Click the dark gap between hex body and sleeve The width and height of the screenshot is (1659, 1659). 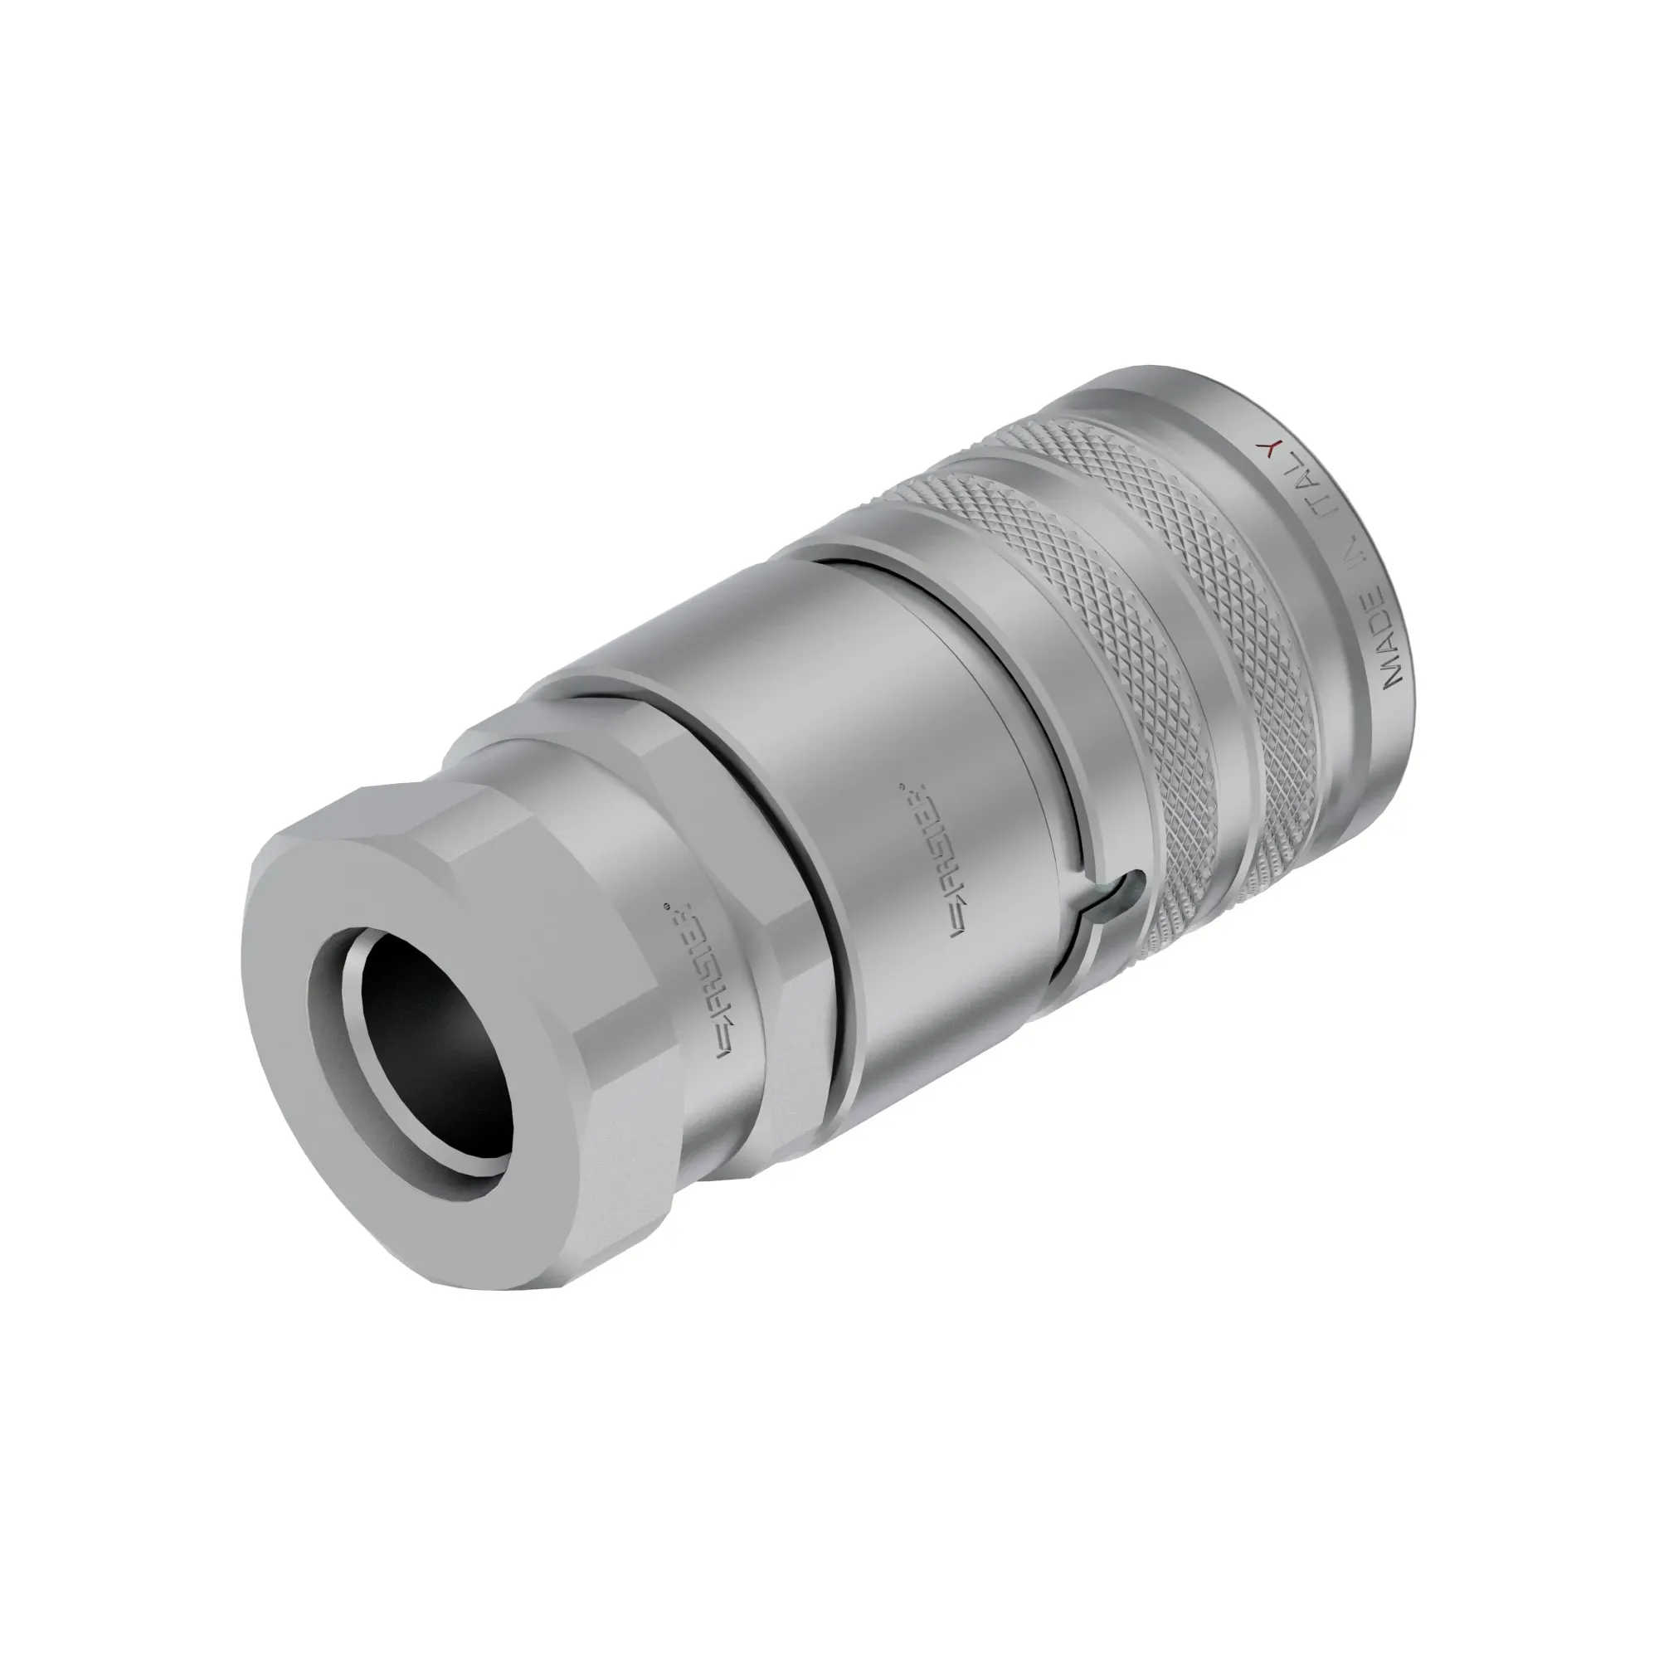point(825,910)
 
